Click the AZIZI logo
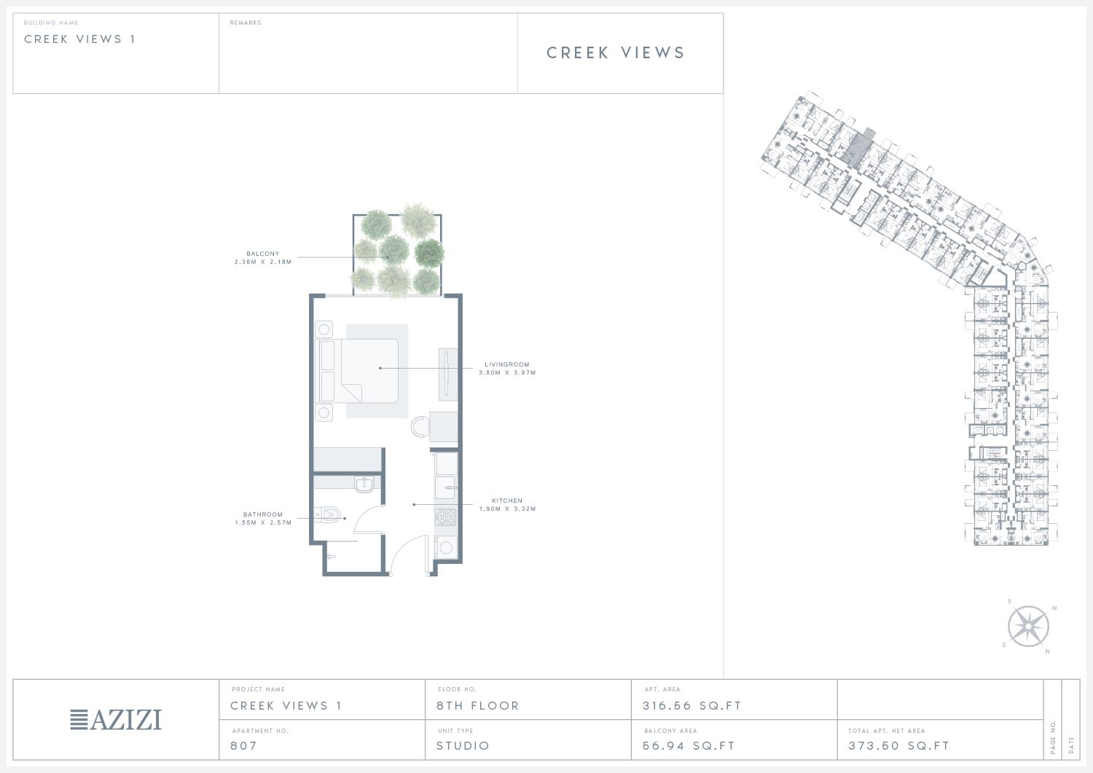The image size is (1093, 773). [x=116, y=719]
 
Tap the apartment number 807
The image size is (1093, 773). [x=243, y=745]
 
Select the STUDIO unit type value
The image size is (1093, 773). [x=463, y=745]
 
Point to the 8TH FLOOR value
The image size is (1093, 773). [x=478, y=706]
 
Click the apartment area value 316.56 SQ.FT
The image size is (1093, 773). [x=692, y=706]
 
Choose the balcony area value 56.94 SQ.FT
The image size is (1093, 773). [x=689, y=745]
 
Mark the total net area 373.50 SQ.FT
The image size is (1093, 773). [x=898, y=745]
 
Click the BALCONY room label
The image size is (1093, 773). [x=263, y=254]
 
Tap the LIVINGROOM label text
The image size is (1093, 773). [x=507, y=364]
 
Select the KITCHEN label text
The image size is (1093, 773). [x=507, y=501]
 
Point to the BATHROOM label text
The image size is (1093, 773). [x=263, y=514]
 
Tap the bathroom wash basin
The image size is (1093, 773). [x=364, y=484]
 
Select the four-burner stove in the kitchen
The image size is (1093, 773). [x=445, y=517]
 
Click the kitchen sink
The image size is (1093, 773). [x=445, y=487]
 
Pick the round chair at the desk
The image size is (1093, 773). [x=419, y=427]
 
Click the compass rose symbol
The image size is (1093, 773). [x=1028, y=627]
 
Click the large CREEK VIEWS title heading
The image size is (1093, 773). [x=616, y=52]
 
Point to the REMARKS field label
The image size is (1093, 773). [x=246, y=23]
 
